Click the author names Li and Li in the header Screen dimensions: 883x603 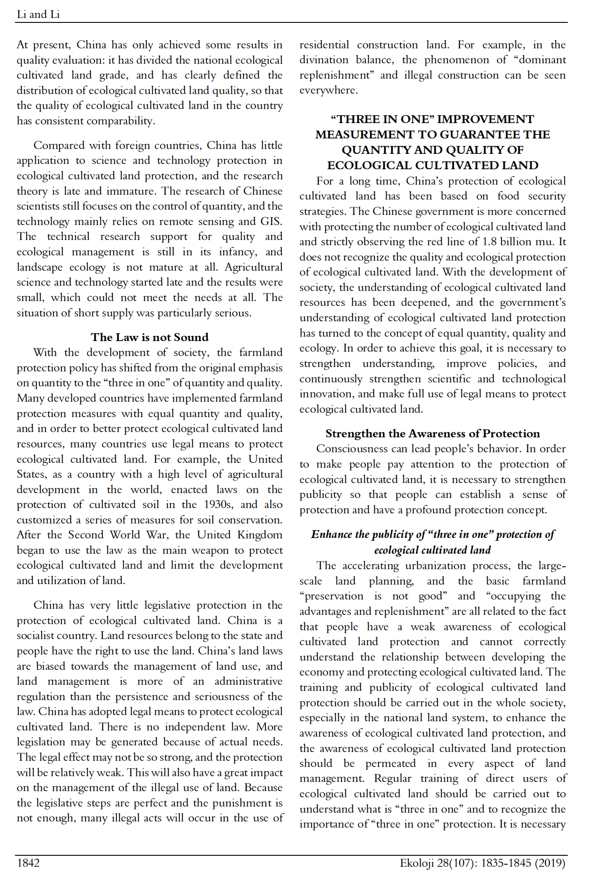coord(38,15)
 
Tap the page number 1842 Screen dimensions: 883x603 coord(28,863)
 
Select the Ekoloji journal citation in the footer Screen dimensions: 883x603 coord(482,863)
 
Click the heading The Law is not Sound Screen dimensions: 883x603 coord(150,337)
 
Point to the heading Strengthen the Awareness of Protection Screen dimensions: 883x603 coord(432,433)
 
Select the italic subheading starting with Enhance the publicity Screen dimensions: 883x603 coord(432,542)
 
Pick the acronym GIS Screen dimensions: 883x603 coord(271,222)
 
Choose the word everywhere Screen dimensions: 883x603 coord(329,91)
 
